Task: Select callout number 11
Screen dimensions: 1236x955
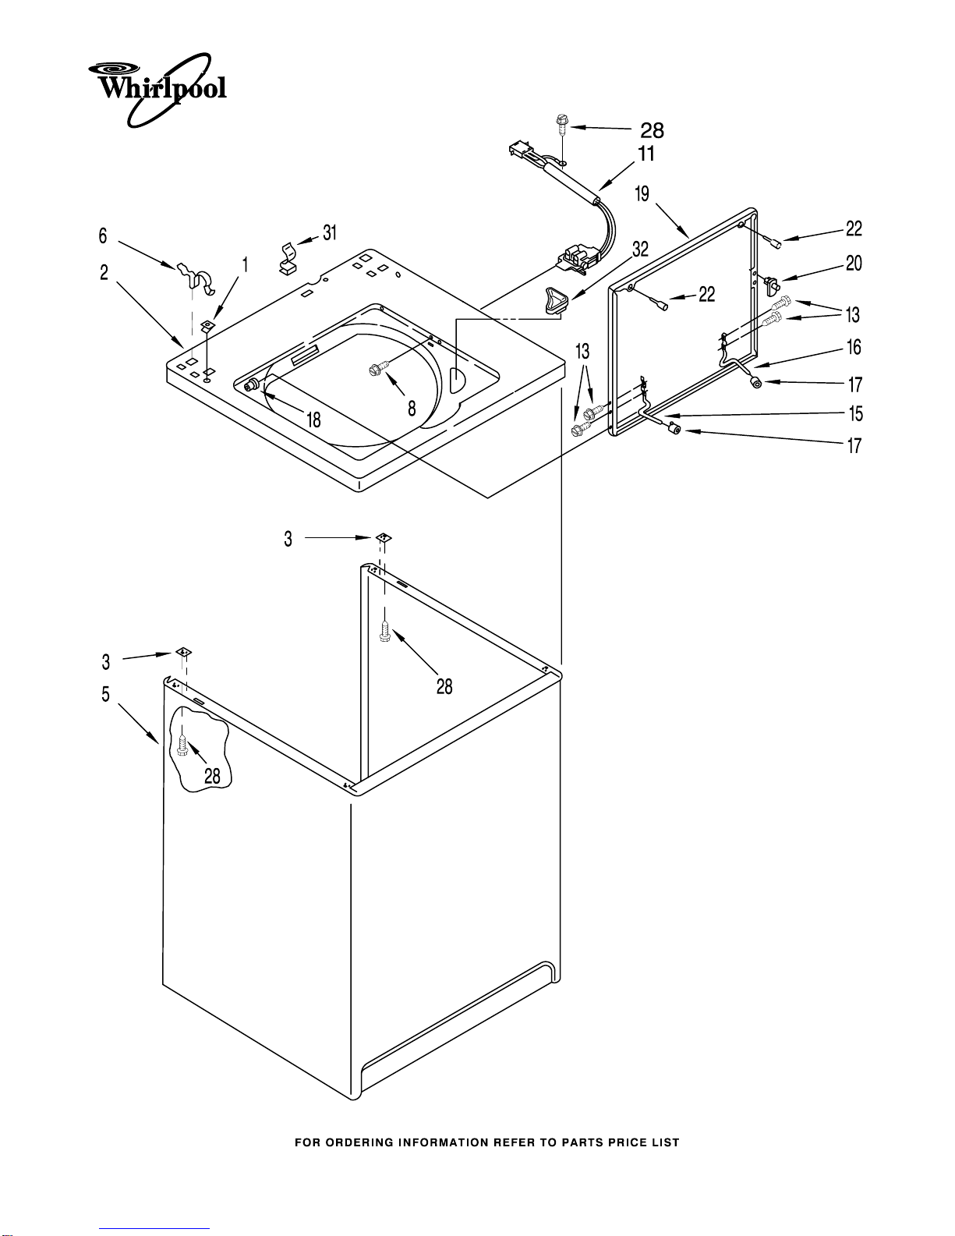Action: coord(646,154)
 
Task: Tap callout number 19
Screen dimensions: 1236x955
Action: coord(642,193)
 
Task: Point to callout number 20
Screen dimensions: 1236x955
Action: coord(854,264)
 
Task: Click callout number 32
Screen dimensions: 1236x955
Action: coord(640,250)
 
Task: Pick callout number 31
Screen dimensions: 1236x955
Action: coord(330,232)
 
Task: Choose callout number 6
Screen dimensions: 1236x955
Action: coord(102,236)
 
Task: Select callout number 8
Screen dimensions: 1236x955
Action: coord(412,408)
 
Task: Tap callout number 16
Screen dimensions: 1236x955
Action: coord(854,348)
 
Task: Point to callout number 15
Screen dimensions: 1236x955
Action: coord(855,413)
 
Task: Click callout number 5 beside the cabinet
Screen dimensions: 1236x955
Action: coord(105,694)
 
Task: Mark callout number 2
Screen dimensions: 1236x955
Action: coord(104,272)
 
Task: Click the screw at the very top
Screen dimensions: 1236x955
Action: coord(561,123)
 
